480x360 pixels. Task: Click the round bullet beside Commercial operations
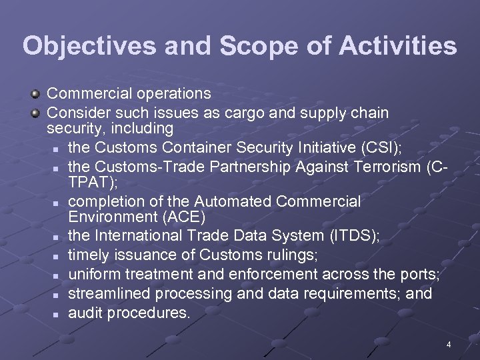[x=39, y=93]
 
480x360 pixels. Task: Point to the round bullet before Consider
[x=39, y=113]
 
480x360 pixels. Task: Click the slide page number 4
[x=449, y=345]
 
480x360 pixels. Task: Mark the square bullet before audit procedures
[x=58, y=313]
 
